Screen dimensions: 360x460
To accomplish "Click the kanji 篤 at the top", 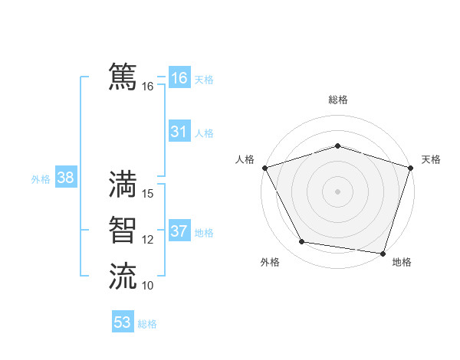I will [123, 77].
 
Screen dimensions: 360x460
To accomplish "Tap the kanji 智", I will [123, 229].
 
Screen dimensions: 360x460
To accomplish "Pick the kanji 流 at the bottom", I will [123, 276].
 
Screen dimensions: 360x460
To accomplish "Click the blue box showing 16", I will [179, 77].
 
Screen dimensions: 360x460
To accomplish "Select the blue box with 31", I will [179, 132].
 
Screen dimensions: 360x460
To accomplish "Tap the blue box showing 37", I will [179, 231].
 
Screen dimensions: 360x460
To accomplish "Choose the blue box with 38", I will [65, 178].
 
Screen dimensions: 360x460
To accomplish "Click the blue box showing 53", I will [123, 322].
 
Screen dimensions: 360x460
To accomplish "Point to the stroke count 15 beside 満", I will [149, 194].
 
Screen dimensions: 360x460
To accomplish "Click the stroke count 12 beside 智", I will [148, 240].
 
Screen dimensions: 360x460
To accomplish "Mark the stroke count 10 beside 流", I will [148, 286].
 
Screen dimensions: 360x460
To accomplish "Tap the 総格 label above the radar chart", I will [338, 100].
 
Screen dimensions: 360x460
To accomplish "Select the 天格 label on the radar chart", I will [431, 159].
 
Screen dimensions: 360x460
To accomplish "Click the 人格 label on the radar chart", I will [245, 159].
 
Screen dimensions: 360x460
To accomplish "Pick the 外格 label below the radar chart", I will [270, 262].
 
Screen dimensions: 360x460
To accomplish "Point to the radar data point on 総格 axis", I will [338, 146].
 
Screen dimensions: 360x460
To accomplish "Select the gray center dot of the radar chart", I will [338, 191].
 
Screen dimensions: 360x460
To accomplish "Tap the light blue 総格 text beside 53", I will [147, 324].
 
